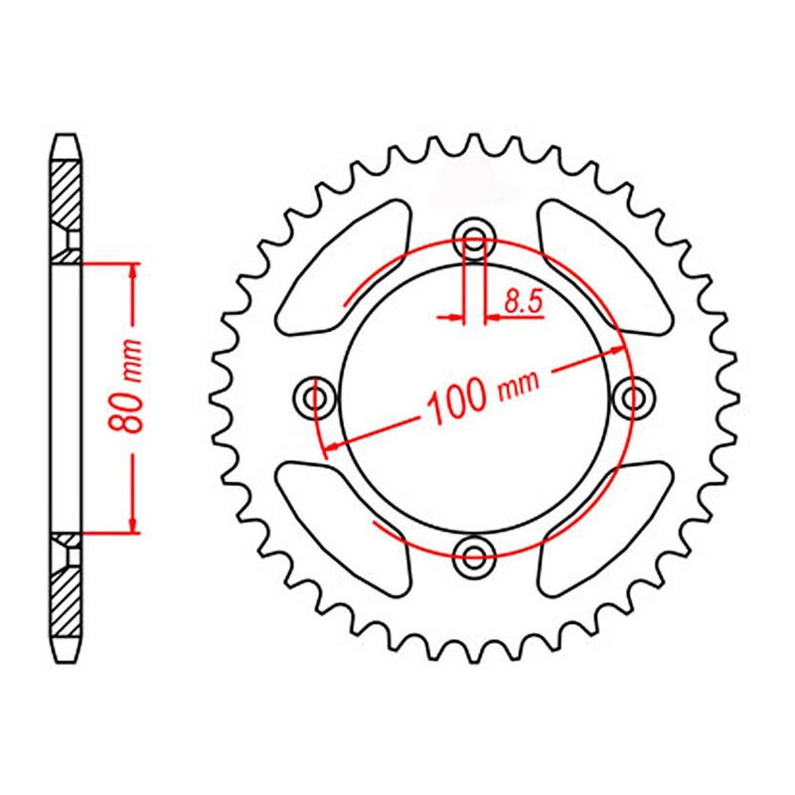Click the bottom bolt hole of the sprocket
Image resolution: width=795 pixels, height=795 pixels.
(474, 554)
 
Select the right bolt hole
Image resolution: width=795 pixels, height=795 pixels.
(630, 398)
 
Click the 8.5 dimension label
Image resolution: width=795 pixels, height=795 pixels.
(522, 301)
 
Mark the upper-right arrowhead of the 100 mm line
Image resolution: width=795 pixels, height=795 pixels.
(617, 350)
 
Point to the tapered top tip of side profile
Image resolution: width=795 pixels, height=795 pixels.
(64, 138)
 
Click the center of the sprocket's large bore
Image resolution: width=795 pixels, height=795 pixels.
(474, 398)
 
